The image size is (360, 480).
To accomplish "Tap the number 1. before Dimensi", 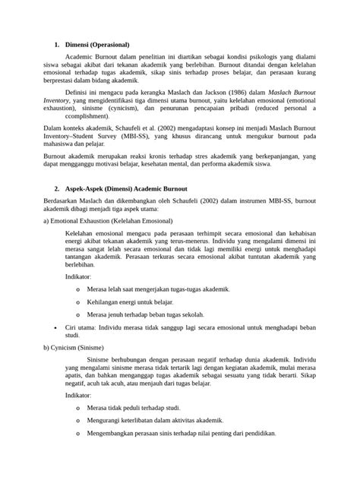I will point(58,45).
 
